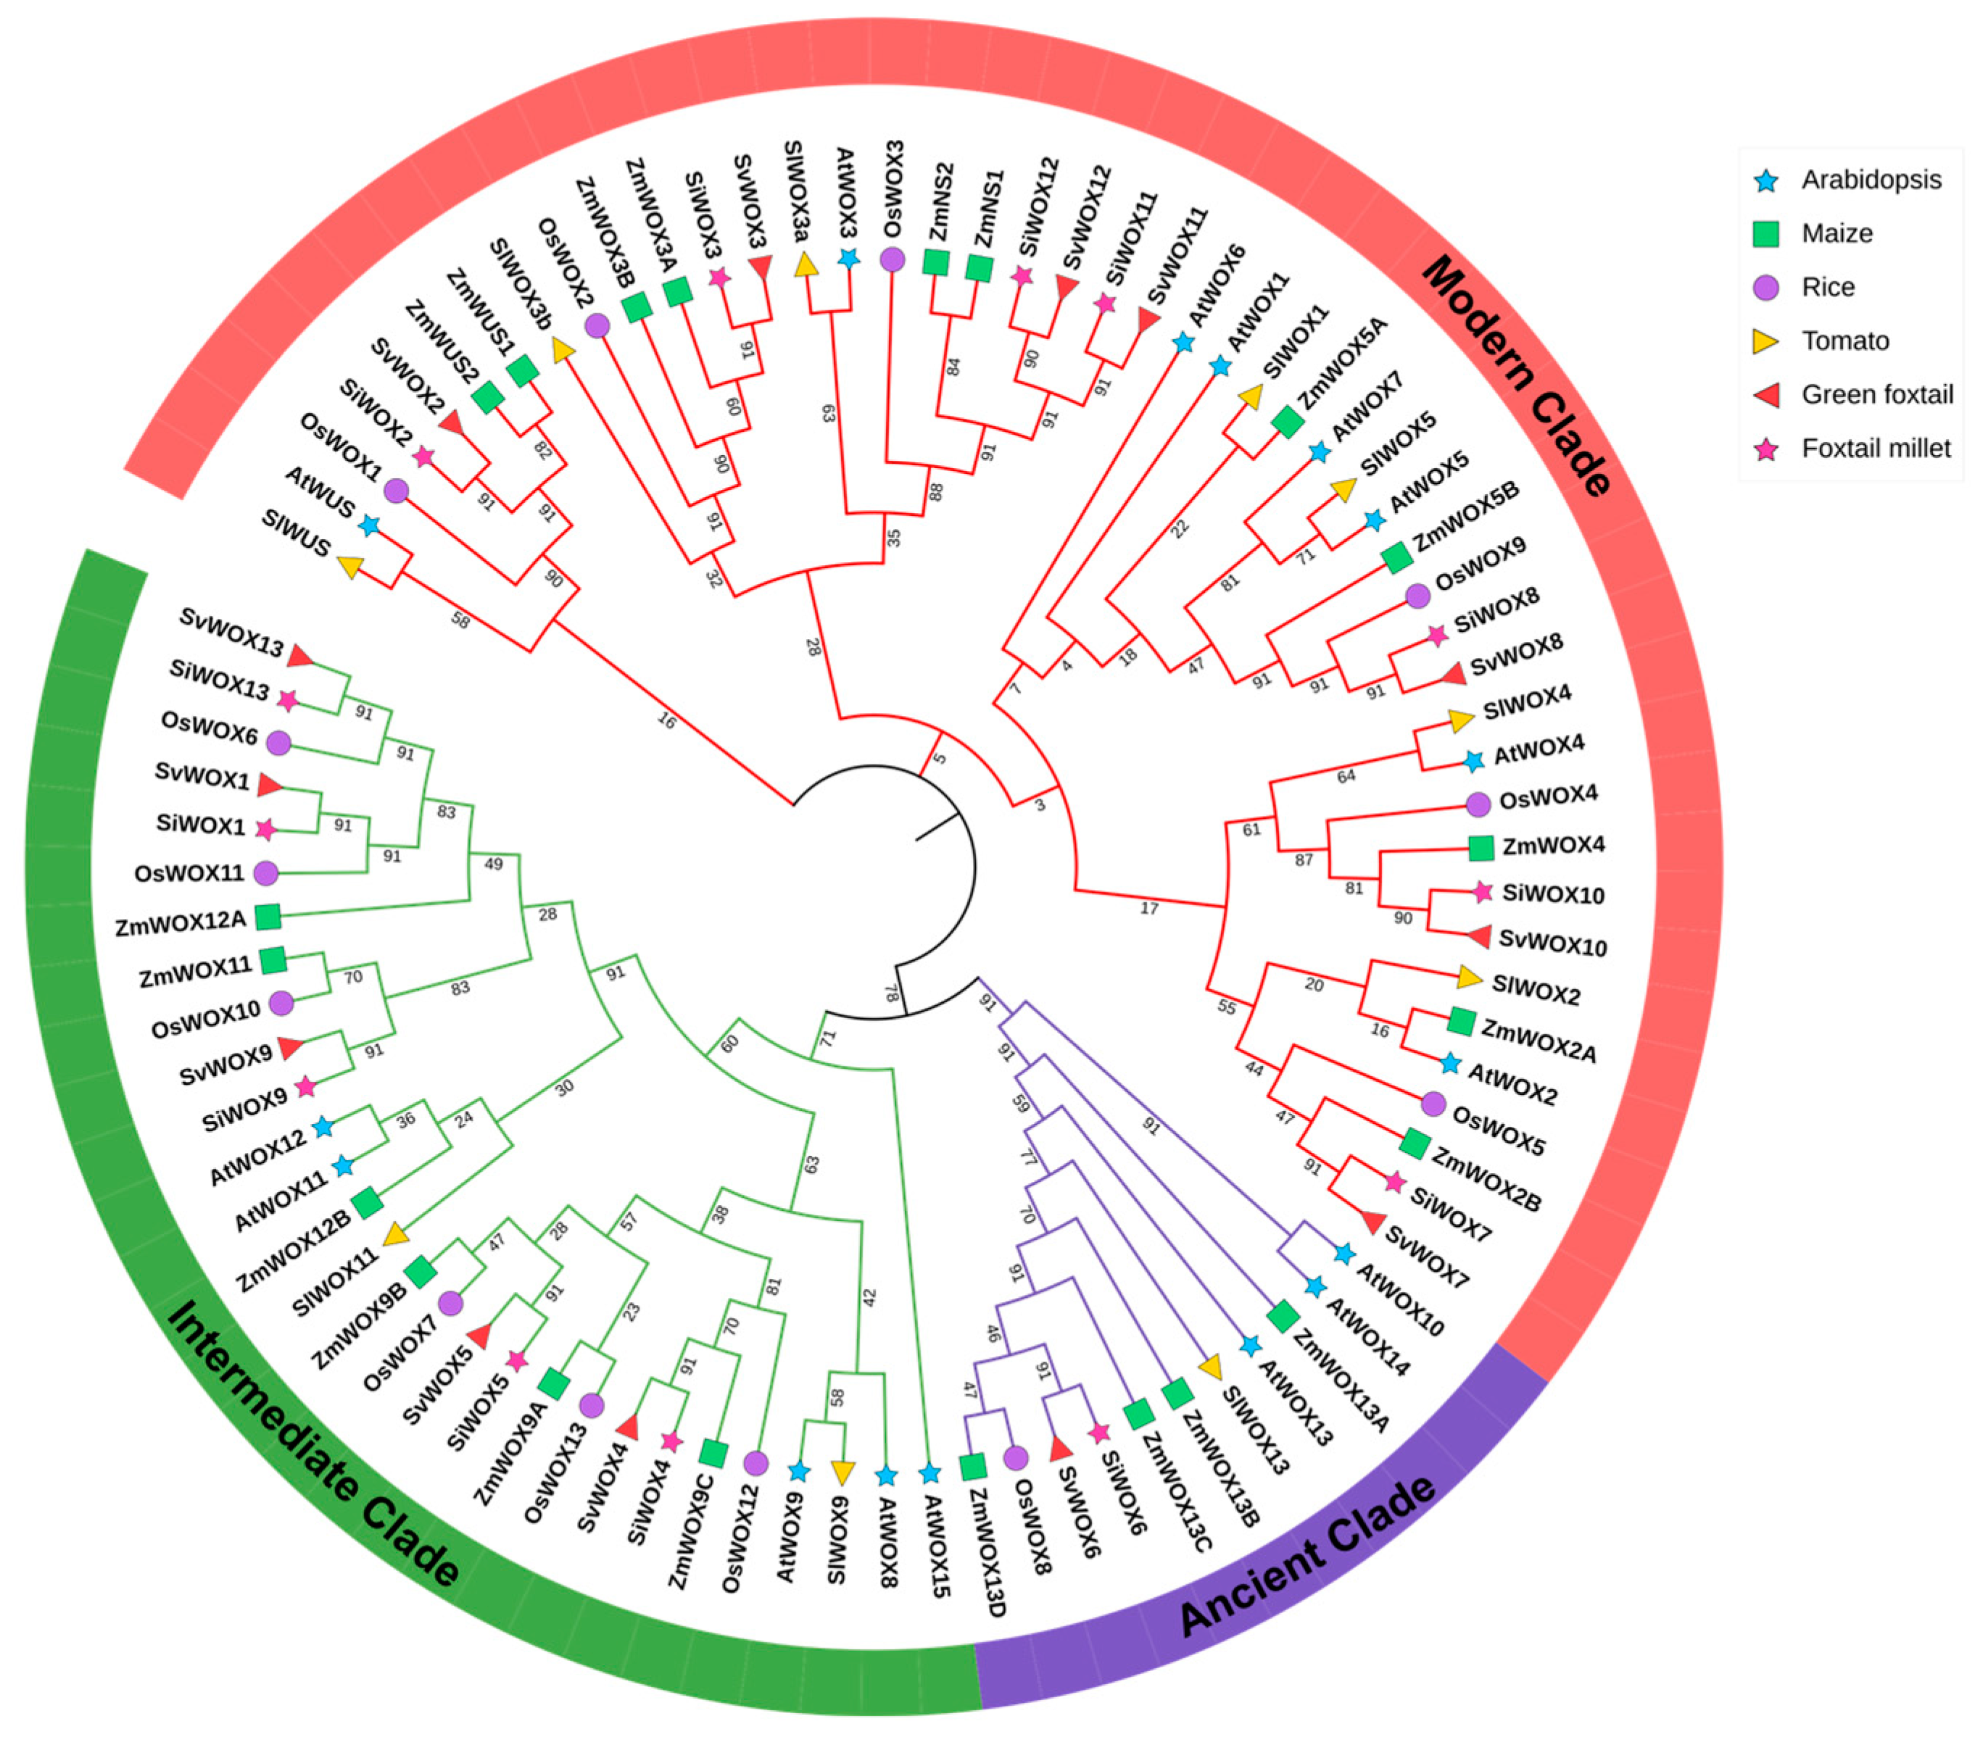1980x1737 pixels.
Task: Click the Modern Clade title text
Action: pos(1516,375)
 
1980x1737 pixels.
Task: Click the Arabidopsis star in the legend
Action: pos(1767,180)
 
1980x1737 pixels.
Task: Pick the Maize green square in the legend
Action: pos(1767,233)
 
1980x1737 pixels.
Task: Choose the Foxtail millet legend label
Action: pos(1876,449)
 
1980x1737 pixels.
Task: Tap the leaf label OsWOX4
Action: pos(1548,797)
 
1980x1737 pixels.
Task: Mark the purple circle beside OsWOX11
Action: pos(265,873)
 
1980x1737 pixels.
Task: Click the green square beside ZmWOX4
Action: pos(1480,848)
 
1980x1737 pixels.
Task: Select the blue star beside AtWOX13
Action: pos(1251,1346)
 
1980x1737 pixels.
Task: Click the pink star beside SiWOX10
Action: pos(1481,892)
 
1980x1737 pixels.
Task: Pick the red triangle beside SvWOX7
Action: pos(1372,1223)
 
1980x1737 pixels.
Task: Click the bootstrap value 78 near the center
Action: pos(891,994)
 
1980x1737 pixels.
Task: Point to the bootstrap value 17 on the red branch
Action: pos(1149,908)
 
